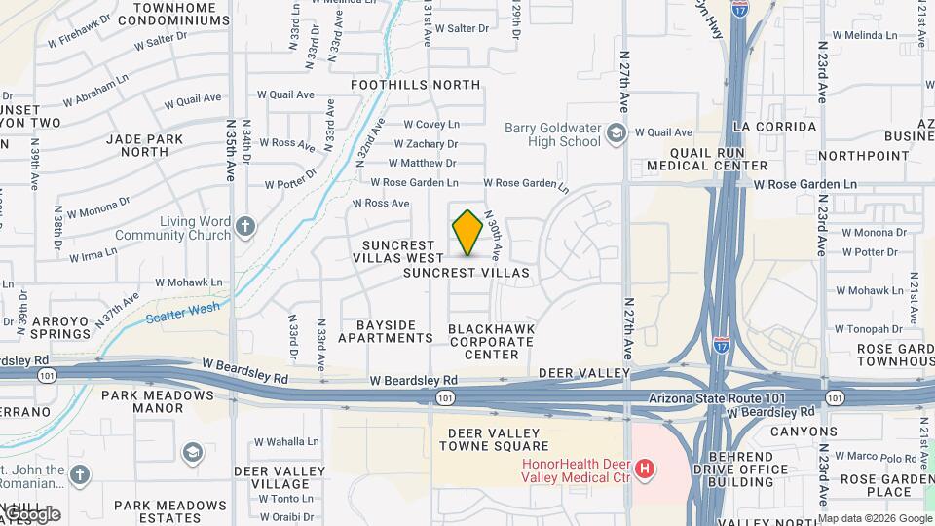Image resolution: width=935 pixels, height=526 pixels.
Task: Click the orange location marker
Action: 467,233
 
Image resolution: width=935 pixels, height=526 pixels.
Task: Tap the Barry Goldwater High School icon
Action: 616,132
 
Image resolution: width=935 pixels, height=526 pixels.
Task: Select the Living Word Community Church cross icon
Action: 244,228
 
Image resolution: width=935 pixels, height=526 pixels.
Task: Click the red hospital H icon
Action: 644,470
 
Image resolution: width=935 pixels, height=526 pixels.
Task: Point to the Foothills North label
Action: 417,85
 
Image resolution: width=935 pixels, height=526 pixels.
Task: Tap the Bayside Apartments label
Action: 386,331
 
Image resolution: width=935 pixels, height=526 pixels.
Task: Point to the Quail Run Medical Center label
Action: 707,159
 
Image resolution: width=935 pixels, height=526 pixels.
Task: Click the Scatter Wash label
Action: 182,312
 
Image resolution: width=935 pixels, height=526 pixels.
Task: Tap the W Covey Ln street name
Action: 424,124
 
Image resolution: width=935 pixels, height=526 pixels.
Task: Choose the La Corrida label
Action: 768,127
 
